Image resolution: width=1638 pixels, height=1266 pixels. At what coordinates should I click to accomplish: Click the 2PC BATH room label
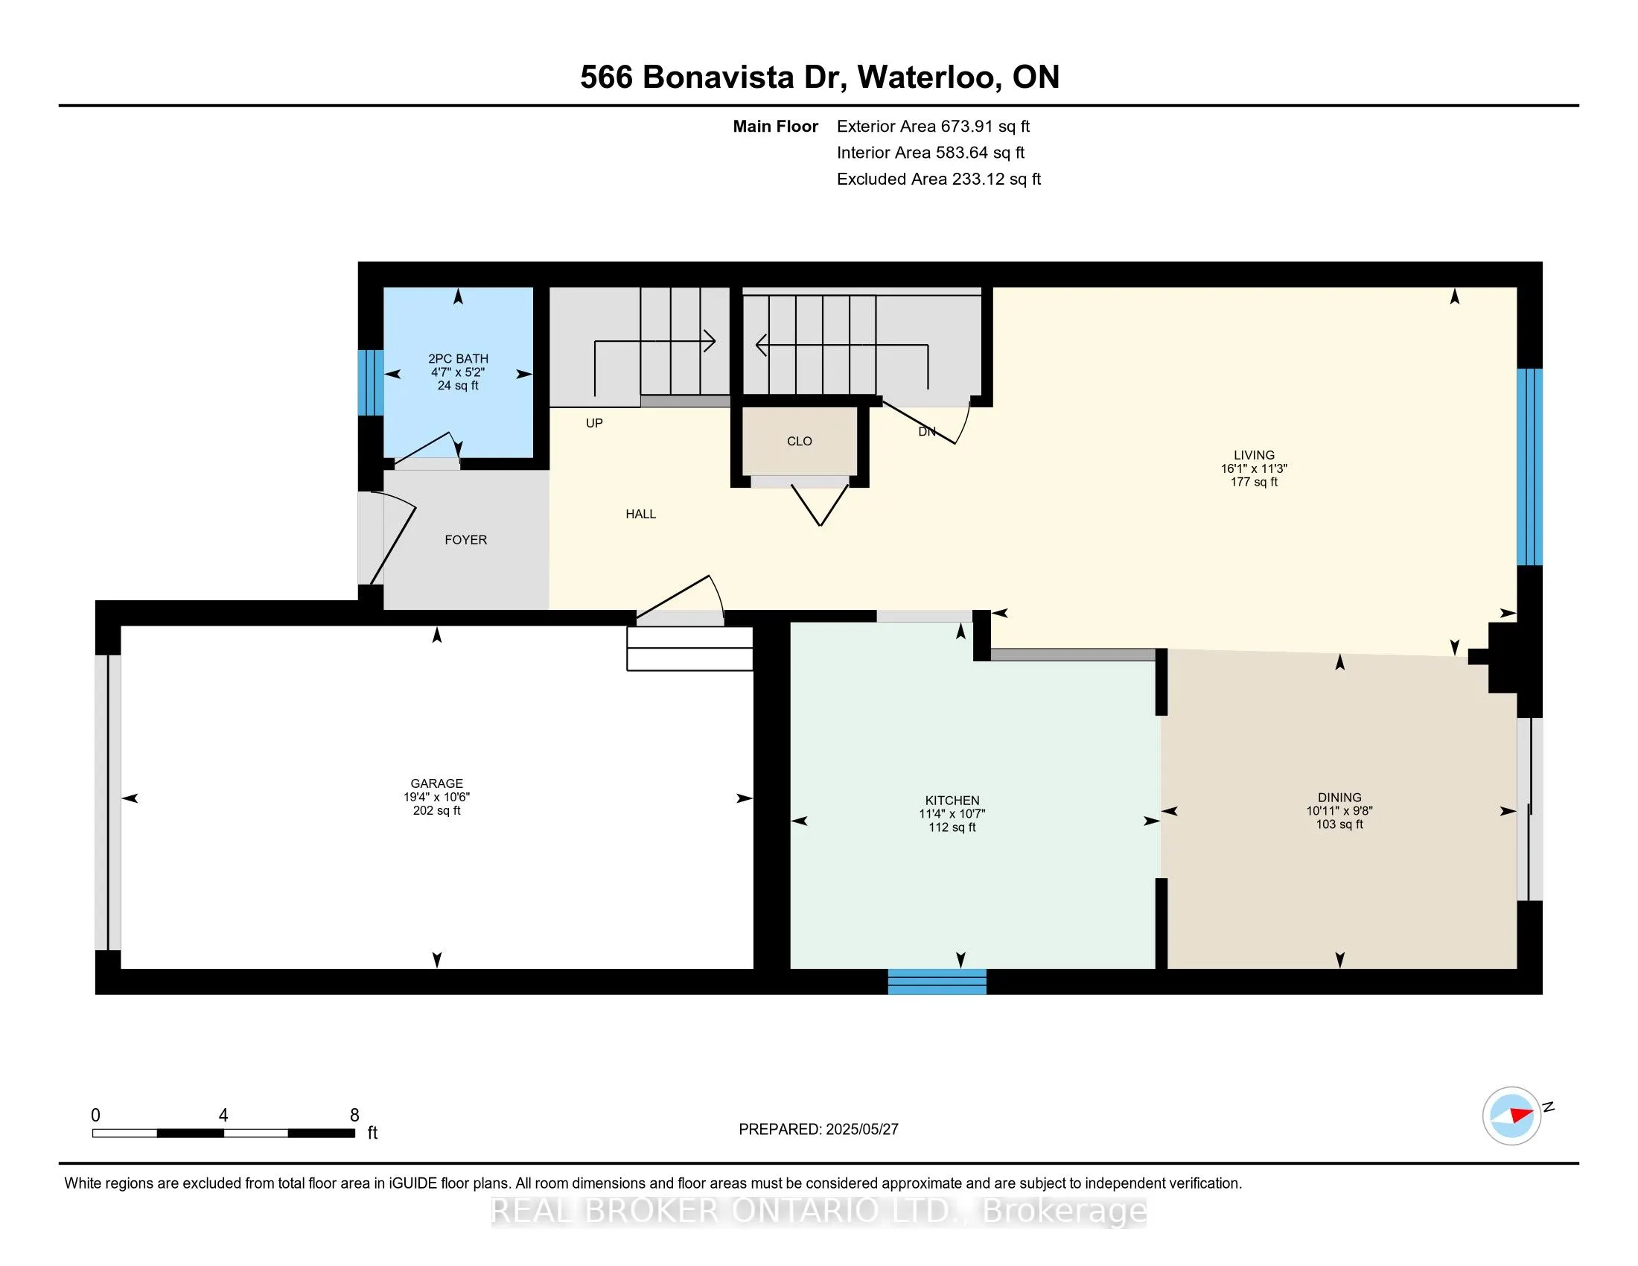coord(457,358)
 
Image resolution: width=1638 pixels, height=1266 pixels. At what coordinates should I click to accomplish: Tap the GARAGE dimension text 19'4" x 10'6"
coord(436,798)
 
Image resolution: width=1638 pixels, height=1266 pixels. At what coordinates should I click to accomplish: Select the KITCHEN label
coord(952,801)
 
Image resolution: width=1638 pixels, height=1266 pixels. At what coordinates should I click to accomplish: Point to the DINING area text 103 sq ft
coord(1339,824)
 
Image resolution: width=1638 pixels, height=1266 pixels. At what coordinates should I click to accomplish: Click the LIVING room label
coord(1254,454)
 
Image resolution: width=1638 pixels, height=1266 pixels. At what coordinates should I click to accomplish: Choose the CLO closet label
coord(799,441)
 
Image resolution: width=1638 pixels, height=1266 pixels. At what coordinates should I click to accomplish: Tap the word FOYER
coord(466,540)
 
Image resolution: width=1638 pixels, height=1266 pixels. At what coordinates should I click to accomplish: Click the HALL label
coord(640,514)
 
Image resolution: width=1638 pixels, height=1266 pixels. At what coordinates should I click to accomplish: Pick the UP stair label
coord(594,423)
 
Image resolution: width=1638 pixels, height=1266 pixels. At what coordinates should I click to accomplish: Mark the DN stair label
coord(927,432)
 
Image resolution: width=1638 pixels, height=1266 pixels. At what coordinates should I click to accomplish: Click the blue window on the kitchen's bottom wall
coord(937,981)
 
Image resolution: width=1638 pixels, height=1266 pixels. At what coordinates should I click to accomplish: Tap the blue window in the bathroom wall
coord(370,383)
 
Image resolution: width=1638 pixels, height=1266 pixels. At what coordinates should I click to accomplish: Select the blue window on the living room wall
coord(1529,466)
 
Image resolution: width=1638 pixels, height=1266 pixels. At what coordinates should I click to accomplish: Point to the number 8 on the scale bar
coord(354,1116)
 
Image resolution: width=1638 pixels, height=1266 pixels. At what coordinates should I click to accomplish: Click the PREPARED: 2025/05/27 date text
coord(818,1129)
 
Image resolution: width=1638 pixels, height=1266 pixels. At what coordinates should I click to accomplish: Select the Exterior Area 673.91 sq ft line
coord(933,126)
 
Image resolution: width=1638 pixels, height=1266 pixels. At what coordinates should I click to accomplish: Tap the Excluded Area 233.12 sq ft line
coord(938,179)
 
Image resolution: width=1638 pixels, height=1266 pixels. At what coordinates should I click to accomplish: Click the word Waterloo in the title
coord(927,77)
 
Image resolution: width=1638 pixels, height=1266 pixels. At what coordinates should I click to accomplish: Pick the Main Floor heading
coord(775,126)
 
